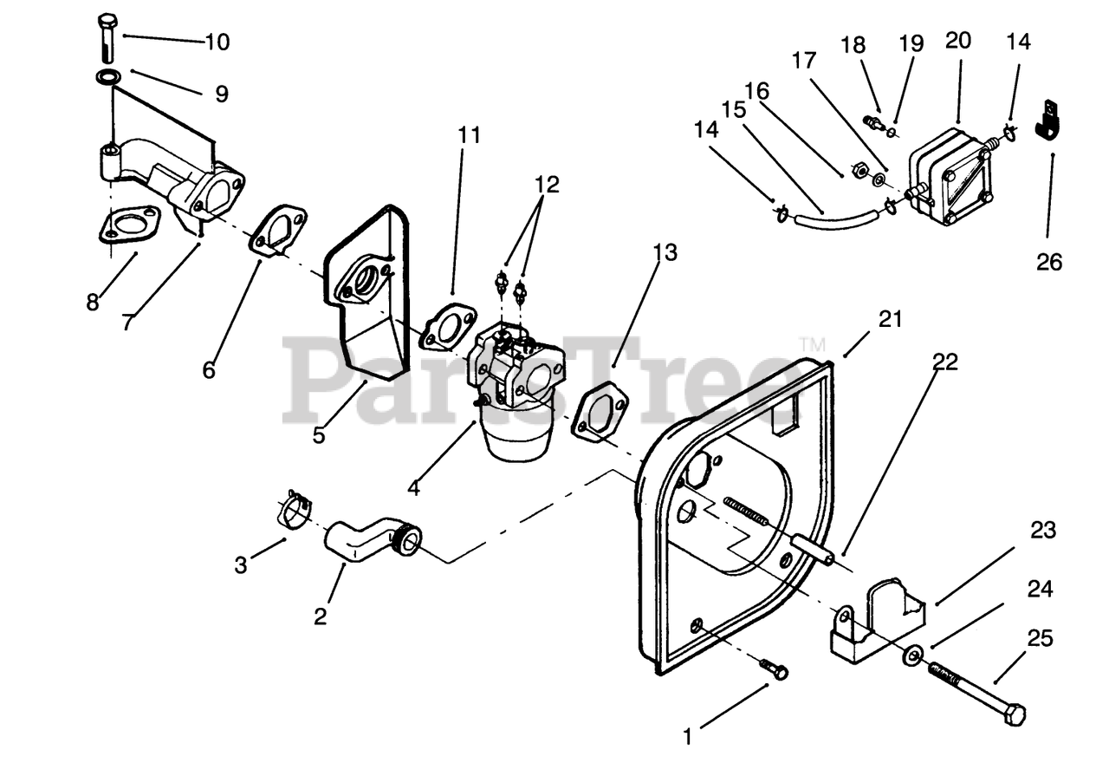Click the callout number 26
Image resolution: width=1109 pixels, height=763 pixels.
[1049, 261]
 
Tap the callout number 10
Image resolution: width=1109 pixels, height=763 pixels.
[217, 42]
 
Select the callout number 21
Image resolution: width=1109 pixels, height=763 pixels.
[890, 319]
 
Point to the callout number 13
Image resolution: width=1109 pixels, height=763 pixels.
[665, 252]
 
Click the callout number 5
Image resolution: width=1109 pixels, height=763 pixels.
[319, 434]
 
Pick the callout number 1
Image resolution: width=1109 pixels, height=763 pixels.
[688, 737]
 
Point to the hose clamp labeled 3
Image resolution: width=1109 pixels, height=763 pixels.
[295, 510]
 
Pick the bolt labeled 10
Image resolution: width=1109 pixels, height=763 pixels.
[107, 37]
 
